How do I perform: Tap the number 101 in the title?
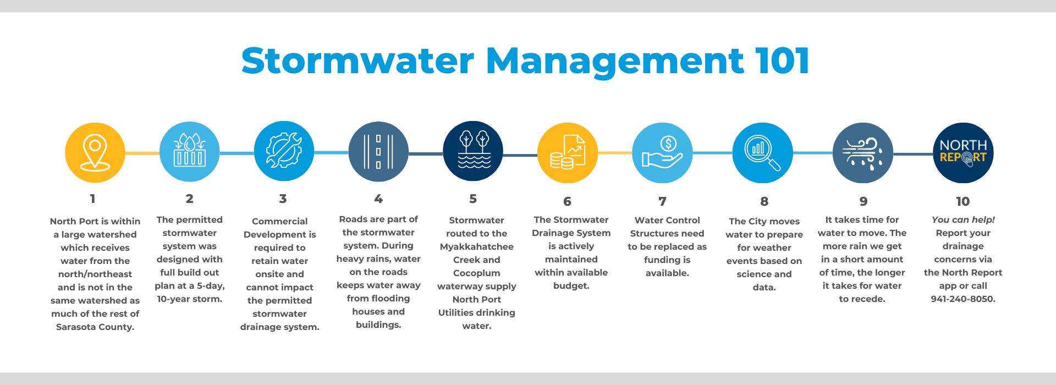pyautogui.click(x=782, y=61)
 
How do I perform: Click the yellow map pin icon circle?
pyautogui.click(x=95, y=152)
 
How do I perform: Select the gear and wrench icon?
pyautogui.click(x=284, y=151)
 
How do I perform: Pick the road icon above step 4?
pyautogui.click(x=378, y=151)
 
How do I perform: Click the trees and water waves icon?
pyautogui.click(x=473, y=151)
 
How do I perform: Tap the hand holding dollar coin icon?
pyautogui.click(x=662, y=152)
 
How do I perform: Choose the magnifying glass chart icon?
pyautogui.click(x=763, y=152)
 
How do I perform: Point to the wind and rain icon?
pyautogui.click(x=863, y=152)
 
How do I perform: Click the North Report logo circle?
pyautogui.click(x=963, y=152)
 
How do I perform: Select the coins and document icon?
pyautogui.click(x=568, y=152)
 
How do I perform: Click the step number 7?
pyautogui.click(x=662, y=201)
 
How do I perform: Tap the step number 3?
pyautogui.click(x=283, y=199)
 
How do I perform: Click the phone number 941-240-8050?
pyautogui.click(x=963, y=299)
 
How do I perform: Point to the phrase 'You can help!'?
pyautogui.click(x=963, y=219)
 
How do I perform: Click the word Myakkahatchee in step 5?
pyautogui.click(x=477, y=246)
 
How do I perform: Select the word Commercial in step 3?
pyautogui.click(x=279, y=221)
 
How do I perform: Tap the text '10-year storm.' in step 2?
pyautogui.click(x=190, y=299)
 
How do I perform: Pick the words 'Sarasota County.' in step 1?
pyautogui.click(x=95, y=327)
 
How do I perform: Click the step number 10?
pyautogui.click(x=963, y=201)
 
